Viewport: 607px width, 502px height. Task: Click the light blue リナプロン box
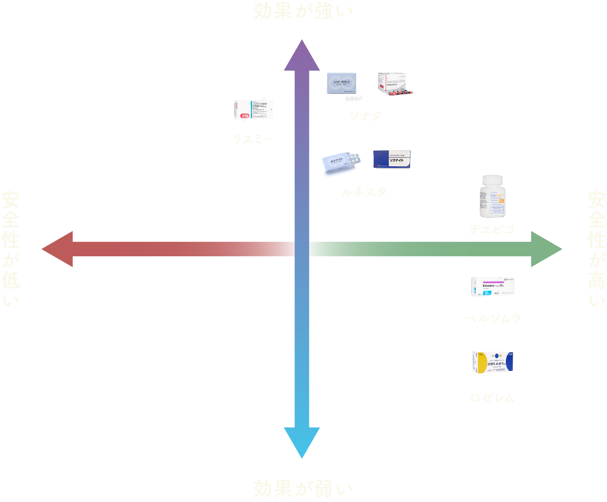pyautogui.click(x=341, y=83)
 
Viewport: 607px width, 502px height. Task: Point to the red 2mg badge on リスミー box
pyautogui.click(x=245, y=116)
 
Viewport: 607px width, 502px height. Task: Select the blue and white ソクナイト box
pyautogui.click(x=392, y=159)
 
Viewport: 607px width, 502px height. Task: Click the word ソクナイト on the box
pyautogui.click(x=397, y=161)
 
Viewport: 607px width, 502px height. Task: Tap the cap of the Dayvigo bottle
pyautogui.click(x=492, y=180)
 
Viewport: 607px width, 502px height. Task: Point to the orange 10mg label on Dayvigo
pyautogui.click(x=501, y=201)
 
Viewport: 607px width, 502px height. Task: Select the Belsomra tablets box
pyautogui.click(x=492, y=286)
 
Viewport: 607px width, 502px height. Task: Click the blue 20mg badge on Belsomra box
pyautogui.click(x=487, y=293)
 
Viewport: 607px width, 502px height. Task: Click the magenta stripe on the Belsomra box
pyautogui.click(x=493, y=282)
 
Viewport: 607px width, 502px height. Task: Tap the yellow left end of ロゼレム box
pyautogui.click(x=481, y=363)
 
